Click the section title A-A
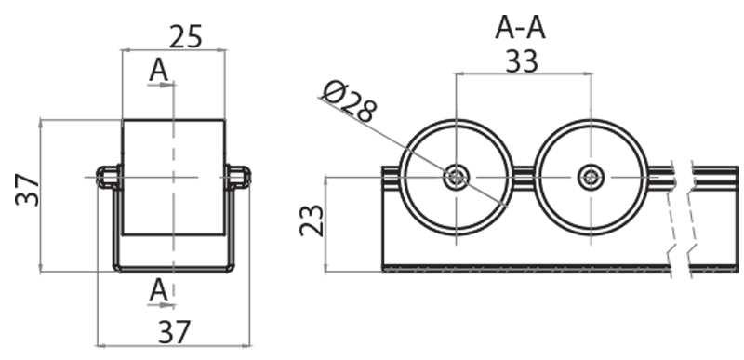tap(520, 28)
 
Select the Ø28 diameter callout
tap(349, 100)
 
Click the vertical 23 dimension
tap(312, 221)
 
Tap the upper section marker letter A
tap(158, 69)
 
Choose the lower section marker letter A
tap(159, 290)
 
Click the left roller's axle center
tap(456, 177)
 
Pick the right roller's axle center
tap(590, 177)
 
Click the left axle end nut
tap(108, 176)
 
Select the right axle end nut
tap(239, 176)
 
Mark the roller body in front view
tap(174, 177)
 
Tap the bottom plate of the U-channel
tap(174, 268)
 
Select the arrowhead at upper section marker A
tap(170, 85)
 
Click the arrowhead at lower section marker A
tap(170, 303)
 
